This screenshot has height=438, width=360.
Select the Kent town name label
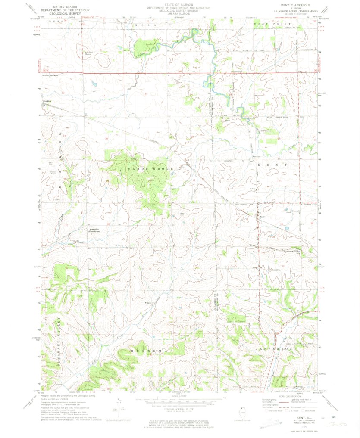262,217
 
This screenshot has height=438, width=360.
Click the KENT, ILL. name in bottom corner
302,418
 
